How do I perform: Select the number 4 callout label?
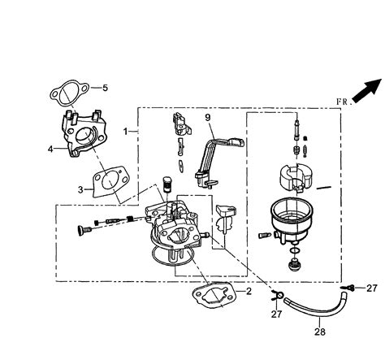pyautogui.click(x=50, y=149)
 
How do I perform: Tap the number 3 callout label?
pyautogui.click(x=81, y=189)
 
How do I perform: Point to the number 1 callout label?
pyautogui.click(x=125, y=131)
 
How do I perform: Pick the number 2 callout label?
pyautogui.click(x=249, y=290)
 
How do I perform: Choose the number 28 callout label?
pyautogui.click(x=318, y=332)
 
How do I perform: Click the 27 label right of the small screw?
pyautogui.click(x=371, y=288)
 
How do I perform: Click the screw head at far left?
pyautogui.click(x=80, y=231)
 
